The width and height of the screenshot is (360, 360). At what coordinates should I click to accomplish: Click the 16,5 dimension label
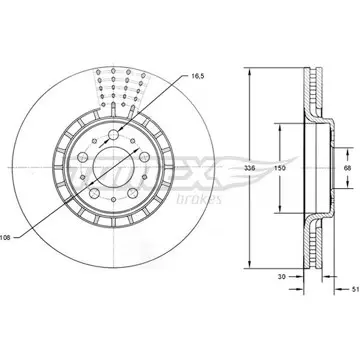(198, 76)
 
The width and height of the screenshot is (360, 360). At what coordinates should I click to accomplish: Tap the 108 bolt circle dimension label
(5, 238)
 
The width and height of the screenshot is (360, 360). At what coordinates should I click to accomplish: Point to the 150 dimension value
(280, 168)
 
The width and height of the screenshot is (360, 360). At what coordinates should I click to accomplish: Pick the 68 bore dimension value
(348, 168)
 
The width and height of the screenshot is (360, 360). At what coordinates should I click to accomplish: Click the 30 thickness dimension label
(282, 277)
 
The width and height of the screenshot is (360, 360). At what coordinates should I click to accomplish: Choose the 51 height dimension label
(356, 289)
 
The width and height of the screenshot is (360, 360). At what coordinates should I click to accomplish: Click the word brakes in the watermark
(198, 199)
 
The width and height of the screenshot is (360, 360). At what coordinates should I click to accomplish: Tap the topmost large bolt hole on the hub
(114, 135)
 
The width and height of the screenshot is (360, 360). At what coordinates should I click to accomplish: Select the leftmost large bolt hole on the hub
(82, 157)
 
